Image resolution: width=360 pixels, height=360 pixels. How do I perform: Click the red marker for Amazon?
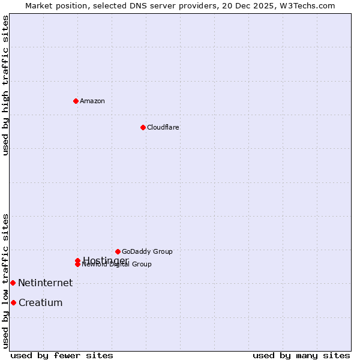(x=76, y=101)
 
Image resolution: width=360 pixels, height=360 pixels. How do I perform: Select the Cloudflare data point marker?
(x=143, y=127)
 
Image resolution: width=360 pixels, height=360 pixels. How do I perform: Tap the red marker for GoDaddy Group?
(x=118, y=251)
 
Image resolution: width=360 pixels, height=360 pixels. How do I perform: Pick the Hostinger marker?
(x=77, y=260)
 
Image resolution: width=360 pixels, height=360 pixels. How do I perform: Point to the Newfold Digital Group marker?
(x=77, y=265)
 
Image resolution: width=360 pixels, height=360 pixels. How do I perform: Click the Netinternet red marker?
(x=13, y=283)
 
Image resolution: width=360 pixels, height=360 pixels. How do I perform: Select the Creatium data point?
(x=13, y=302)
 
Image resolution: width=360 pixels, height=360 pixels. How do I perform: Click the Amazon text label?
(x=92, y=101)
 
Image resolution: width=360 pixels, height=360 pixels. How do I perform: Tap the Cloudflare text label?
(x=163, y=127)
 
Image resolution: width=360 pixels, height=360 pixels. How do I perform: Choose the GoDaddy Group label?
(x=147, y=251)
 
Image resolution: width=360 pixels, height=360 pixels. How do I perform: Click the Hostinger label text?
(x=106, y=260)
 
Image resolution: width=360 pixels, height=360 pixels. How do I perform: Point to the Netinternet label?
(x=45, y=283)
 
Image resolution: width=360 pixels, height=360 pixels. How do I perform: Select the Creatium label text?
(x=40, y=302)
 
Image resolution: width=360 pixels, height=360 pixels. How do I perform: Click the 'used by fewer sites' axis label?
(x=62, y=355)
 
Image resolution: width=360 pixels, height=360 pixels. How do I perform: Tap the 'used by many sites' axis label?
(x=301, y=355)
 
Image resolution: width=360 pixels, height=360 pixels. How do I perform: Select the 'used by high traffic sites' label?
(x=5, y=85)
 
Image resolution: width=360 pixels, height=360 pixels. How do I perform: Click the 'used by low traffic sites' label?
(x=5, y=280)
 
